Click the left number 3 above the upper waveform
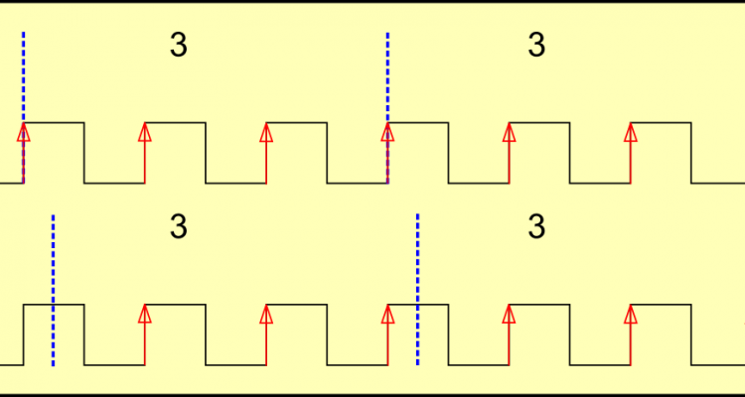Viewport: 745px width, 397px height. coord(179,46)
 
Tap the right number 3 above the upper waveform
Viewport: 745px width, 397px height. coord(536,46)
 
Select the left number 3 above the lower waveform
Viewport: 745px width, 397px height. coord(179,227)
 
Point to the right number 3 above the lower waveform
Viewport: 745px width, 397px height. coord(536,227)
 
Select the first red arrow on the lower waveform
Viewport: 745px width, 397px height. coord(145,333)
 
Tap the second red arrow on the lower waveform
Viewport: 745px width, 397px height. coord(266,333)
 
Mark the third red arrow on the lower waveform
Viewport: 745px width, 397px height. coord(387,333)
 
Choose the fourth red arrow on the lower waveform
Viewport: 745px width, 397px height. coord(509,333)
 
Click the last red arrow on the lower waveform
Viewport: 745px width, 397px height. coord(630,333)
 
